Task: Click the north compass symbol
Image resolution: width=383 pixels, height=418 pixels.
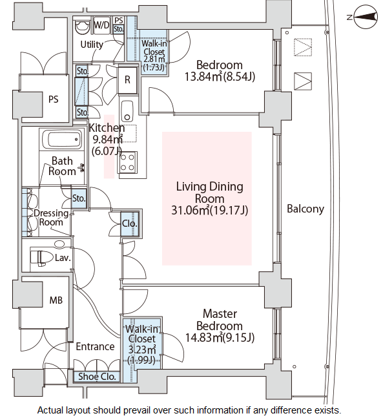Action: (366, 17)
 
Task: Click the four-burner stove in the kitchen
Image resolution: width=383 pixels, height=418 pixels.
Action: (127, 163)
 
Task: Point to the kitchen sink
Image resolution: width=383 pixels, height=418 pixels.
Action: (127, 111)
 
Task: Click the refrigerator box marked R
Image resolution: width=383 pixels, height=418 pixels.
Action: (127, 79)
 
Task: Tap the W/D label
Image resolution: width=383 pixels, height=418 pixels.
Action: (101, 25)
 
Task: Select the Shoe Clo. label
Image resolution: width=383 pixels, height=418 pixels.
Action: (97, 377)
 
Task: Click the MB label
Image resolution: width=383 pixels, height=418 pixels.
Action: (56, 300)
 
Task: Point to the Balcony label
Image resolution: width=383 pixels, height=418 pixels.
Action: (305, 209)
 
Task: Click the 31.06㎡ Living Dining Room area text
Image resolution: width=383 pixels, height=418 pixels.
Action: (209, 211)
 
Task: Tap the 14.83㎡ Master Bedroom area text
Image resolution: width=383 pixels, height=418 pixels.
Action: (220, 337)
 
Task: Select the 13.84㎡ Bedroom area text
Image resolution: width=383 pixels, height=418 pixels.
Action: (220, 76)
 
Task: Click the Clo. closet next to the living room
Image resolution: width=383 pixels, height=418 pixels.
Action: (130, 224)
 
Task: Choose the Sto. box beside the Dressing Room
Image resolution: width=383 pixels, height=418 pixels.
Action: (79, 198)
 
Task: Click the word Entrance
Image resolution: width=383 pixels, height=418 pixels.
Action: (95, 346)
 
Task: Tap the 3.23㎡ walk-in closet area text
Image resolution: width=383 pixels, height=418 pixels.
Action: (142, 350)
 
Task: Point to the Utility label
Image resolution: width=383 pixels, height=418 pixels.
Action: (92, 45)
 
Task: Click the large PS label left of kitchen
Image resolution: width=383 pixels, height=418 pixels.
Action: (54, 99)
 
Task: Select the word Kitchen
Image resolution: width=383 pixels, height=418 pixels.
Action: (107, 128)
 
